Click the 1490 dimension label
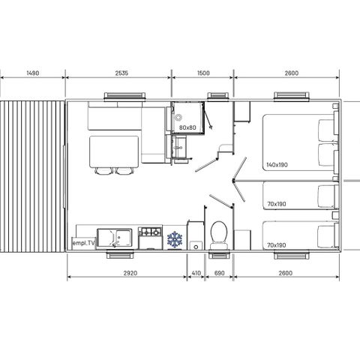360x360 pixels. [x=32, y=73]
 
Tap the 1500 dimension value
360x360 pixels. [x=203, y=73]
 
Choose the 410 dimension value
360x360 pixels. [x=195, y=274]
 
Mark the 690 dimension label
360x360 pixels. [x=220, y=274]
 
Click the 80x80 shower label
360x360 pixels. [x=187, y=127]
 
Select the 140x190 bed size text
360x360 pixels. [x=276, y=165]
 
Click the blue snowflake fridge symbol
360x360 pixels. [x=175, y=239]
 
